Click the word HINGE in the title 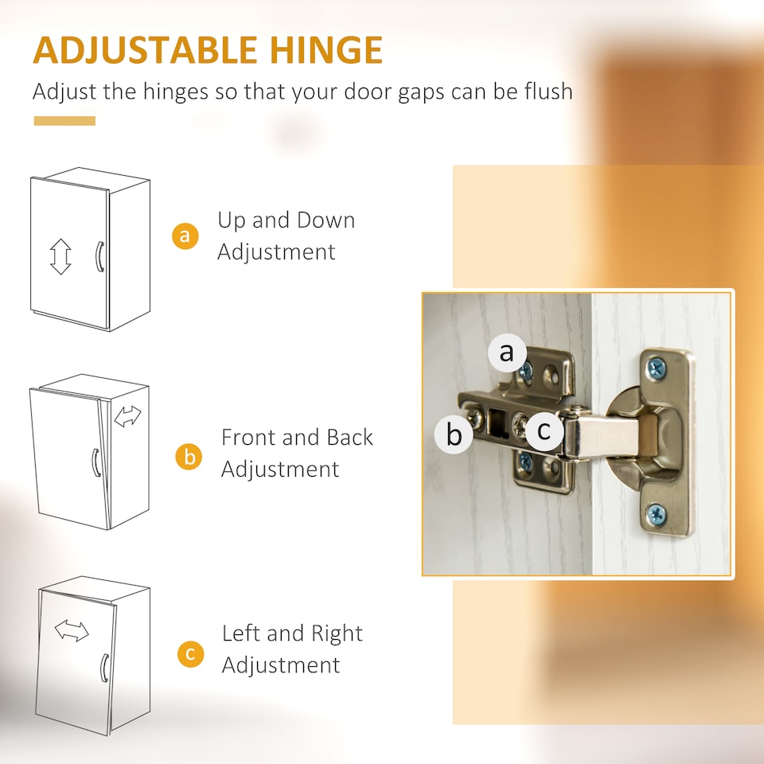pyautogui.click(x=326, y=49)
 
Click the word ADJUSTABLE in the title pyautogui.click(x=145, y=49)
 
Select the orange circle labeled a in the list pyautogui.click(x=185, y=236)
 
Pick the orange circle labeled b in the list pyautogui.click(x=189, y=457)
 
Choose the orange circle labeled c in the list pyautogui.click(x=191, y=653)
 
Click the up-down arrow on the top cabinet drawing pyautogui.click(x=60, y=256)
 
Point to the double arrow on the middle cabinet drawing pyautogui.click(x=127, y=416)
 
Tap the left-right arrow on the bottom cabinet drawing pyautogui.click(x=72, y=630)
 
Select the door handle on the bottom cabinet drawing pyautogui.click(x=103, y=668)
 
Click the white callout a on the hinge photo pyautogui.click(x=507, y=352)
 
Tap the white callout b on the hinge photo pyautogui.click(x=454, y=435)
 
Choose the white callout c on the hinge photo pyautogui.click(x=544, y=431)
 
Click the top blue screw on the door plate pyautogui.click(x=657, y=368)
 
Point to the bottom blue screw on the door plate pyautogui.click(x=657, y=513)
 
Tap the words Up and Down pyautogui.click(x=286, y=220)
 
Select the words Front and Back pyautogui.click(x=297, y=438)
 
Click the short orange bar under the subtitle pyautogui.click(x=64, y=121)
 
